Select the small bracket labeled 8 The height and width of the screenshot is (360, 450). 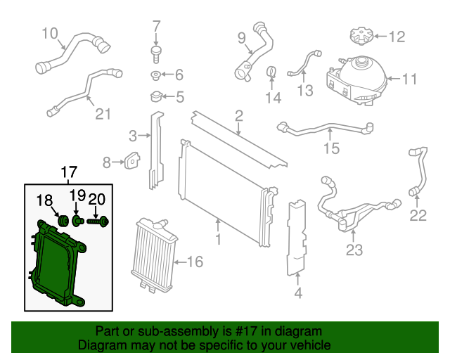click(x=130, y=162)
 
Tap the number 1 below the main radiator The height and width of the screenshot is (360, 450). click(x=217, y=240)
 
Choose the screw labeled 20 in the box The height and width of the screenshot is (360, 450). click(x=99, y=221)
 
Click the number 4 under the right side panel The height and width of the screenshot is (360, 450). click(x=298, y=293)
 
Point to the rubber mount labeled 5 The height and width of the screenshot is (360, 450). click(x=156, y=96)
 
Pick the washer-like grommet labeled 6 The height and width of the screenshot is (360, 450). click(x=155, y=75)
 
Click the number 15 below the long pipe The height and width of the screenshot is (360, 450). click(x=330, y=148)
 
